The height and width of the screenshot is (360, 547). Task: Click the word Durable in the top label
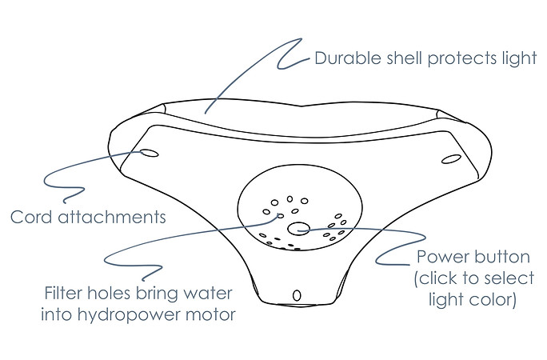click(x=348, y=58)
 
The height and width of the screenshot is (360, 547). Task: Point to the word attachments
click(x=112, y=217)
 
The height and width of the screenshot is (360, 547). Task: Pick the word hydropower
click(x=129, y=315)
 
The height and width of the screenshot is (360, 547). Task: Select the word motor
click(x=210, y=315)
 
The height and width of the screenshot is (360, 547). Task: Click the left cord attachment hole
click(x=150, y=153)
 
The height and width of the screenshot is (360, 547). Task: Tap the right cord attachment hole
click(x=451, y=158)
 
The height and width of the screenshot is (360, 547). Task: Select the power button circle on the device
click(x=298, y=229)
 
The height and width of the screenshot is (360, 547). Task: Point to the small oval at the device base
click(x=297, y=295)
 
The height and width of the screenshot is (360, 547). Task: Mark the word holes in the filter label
click(x=109, y=293)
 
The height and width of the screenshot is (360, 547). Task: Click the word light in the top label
click(x=520, y=58)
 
